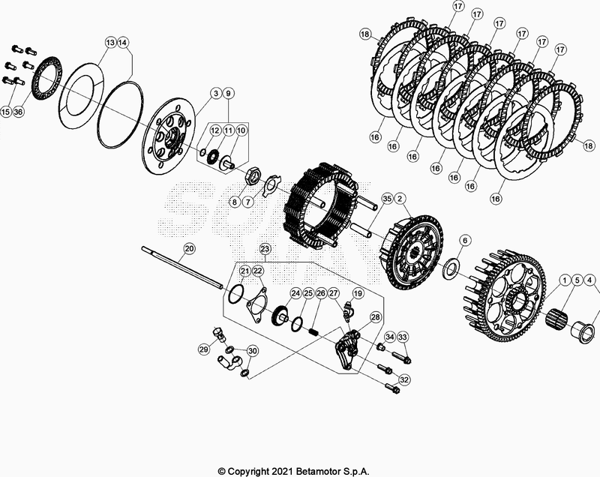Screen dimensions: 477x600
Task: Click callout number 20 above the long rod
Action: pos(189,248)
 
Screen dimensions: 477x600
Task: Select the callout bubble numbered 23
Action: pos(264,248)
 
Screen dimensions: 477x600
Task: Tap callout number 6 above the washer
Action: pos(465,240)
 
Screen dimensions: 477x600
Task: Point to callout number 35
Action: pos(386,199)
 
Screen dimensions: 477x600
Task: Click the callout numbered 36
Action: pos(19,112)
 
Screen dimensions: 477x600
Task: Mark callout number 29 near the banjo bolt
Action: pos(203,349)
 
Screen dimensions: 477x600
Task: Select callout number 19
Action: pos(358,293)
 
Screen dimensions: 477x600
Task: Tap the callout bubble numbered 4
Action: pos(591,281)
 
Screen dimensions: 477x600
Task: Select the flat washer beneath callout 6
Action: pos(452,266)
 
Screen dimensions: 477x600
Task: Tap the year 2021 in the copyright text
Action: pos(291,470)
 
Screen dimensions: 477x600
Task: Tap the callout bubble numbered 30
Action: pos(253,351)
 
